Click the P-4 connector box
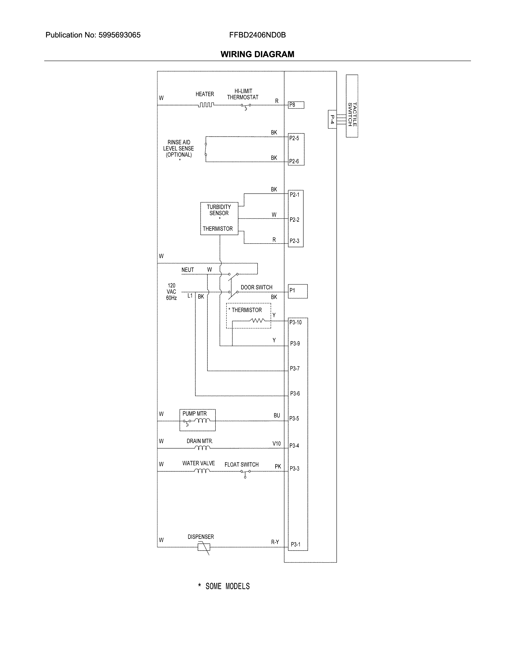(x=332, y=119)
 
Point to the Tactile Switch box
(x=352, y=106)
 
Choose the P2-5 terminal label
(x=294, y=138)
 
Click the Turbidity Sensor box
(x=219, y=218)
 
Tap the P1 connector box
(x=298, y=291)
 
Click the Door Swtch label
(x=256, y=287)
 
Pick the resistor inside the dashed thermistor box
(x=257, y=320)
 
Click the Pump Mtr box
(x=197, y=420)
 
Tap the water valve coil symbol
(x=202, y=471)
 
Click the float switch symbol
(x=246, y=472)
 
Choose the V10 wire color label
(x=276, y=443)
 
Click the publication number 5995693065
(x=119, y=35)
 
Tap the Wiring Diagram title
(x=257, y=54)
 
